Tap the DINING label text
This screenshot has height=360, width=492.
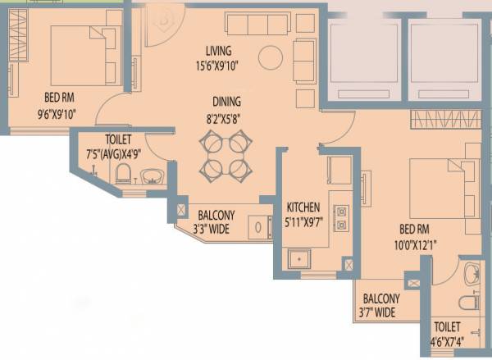coord(226,103)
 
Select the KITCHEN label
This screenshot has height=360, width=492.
coord(303,206)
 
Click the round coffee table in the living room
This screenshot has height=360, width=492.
coord(269,57)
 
